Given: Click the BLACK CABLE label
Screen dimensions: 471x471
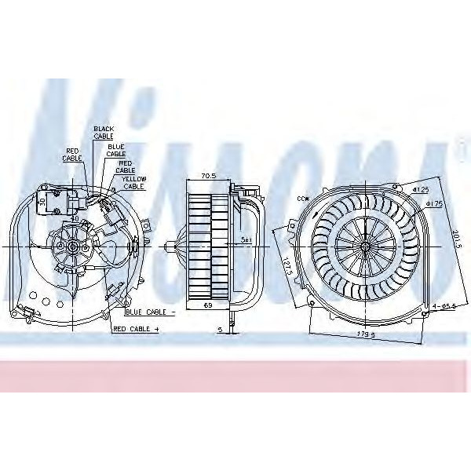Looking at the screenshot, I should (104, 132).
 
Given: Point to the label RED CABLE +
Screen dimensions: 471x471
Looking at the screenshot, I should (135, 329).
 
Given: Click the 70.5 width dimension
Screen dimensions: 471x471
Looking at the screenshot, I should (209, 177).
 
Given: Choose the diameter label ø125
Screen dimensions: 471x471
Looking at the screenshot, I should (422, 190).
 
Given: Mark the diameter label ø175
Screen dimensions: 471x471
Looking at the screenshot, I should (435, 204).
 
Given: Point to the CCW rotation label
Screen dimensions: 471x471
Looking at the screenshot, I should (302, 199).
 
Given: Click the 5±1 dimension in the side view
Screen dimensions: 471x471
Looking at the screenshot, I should (246, 239).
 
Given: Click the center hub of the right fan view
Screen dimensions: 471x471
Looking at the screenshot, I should (365, 246).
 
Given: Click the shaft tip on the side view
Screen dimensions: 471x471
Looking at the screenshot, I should (170, 246).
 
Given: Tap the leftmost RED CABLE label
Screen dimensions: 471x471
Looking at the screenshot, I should (71, 154).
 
